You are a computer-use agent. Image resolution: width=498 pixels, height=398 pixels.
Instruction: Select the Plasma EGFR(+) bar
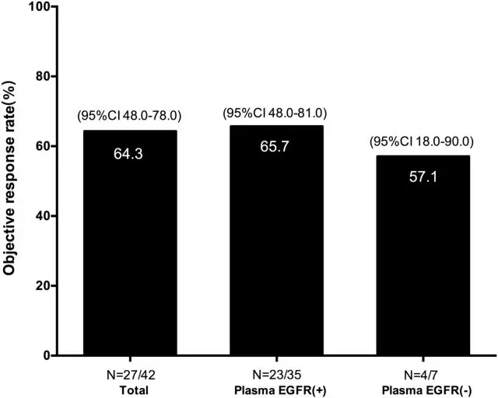pos(275,249)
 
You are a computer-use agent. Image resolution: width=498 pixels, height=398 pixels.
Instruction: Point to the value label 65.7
pos(275,147)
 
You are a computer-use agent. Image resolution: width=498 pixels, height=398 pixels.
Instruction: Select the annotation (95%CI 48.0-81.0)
pos(275,113)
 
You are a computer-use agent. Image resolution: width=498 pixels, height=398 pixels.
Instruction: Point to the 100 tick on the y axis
pos(37,7)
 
